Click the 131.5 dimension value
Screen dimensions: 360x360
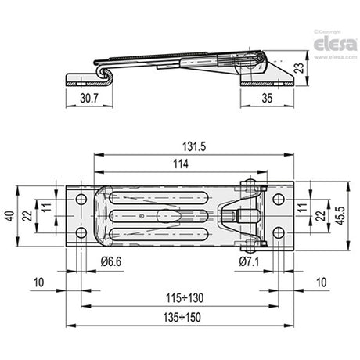click(x=194, y=146)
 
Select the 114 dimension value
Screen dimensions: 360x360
click(x=181, y=164)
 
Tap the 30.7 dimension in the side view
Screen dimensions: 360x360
click(x=89, y=99)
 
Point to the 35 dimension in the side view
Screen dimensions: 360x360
click(x=267, y=99)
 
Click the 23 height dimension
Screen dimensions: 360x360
click(x=301, y=68)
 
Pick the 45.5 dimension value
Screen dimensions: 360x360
click(x=340, y=216)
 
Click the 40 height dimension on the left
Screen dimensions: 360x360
click(x=11, y=216)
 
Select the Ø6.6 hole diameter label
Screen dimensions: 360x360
click(x=111, y=261)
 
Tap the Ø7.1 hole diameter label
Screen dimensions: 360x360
click(x=249, y=261)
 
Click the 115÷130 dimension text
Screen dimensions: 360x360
click(x=185, y=298)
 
